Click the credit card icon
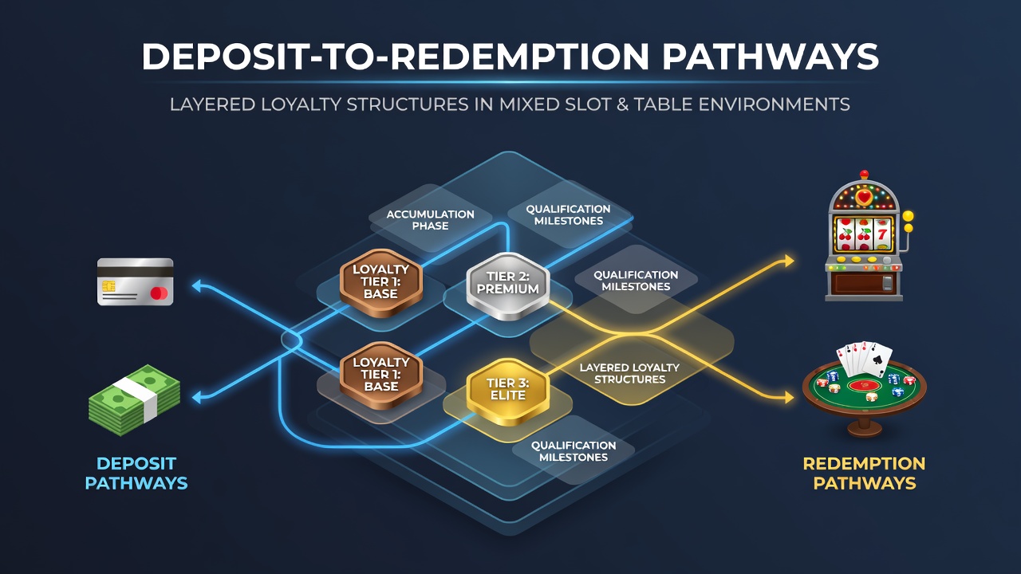click(136, 281)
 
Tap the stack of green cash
click(134, 399)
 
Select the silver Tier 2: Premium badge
click(508, 285)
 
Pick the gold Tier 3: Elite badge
click(508, 391)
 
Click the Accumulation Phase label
click(430, 220)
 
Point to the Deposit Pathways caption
click(136, 473)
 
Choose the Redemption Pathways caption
click(864, 474)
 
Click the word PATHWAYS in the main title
click(770, 57)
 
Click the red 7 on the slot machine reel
click(882, 234)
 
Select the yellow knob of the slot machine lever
click(908, 216)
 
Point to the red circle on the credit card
click(157, 293)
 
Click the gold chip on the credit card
click(108, 286)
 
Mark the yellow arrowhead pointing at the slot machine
click(789, 261)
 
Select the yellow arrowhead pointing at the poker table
click(789, 397)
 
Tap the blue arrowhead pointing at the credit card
click(197, 286)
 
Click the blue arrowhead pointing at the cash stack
click(197, 397)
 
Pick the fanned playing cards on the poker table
click(864, 359)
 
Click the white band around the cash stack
click(136, 398)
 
